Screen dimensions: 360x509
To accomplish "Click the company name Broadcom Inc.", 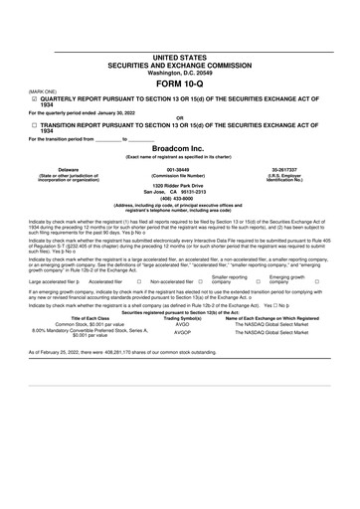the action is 179,173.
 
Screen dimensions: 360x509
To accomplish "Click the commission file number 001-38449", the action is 179,197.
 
